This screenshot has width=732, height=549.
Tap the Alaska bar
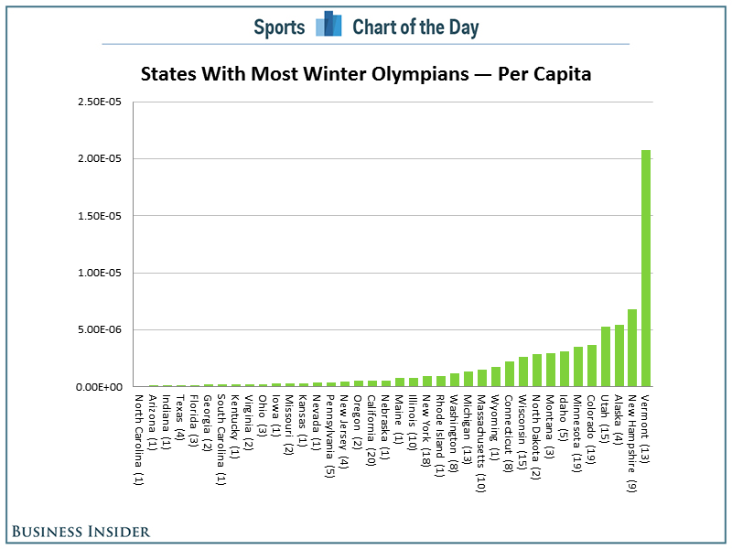click(619, 356)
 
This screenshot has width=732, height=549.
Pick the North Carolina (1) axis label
click(138, 438)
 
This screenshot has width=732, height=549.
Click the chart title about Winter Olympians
click(366, 73)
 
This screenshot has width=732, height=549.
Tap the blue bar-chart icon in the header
click(328, 26)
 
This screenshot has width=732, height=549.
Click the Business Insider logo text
click(81, 531)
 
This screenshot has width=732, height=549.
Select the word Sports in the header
click(279, 27)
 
